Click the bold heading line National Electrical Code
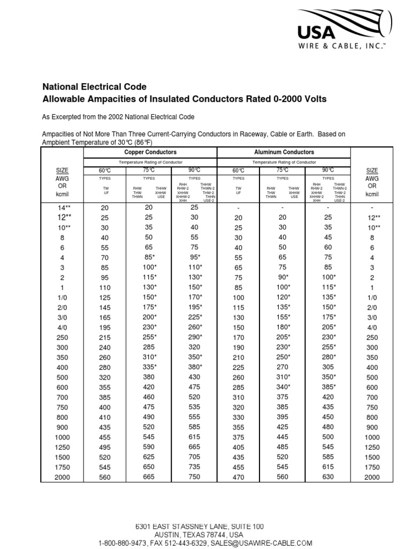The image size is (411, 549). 94,86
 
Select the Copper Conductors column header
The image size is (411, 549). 150,152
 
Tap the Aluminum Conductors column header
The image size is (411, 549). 284,152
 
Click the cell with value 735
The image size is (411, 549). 194,467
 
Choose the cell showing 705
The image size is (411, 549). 194,457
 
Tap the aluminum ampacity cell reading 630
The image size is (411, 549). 328,477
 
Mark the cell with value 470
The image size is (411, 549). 238,477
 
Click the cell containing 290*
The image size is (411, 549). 194,337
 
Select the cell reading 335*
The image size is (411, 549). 149,367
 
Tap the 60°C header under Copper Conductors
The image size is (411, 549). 104,170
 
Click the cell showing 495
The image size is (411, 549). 104,447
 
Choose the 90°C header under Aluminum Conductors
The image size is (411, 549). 328,170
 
